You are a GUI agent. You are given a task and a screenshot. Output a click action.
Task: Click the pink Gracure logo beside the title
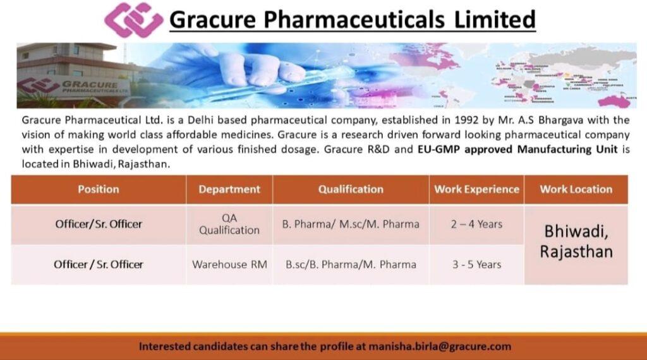[x=133, y=20]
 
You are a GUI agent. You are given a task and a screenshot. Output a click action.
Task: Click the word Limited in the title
[x=495, y=20]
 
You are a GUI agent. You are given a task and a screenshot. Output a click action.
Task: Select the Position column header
[x=98, y=189]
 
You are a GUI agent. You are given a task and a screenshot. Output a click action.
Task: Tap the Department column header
[x=229, y=189]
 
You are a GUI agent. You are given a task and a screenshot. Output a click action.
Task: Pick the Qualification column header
[x=351, y=189]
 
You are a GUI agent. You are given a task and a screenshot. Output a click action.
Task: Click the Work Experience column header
[x=476, y=189]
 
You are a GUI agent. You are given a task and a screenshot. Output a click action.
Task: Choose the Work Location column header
[x=576, y=189]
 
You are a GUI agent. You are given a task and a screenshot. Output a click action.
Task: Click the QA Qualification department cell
[x=229, y=224]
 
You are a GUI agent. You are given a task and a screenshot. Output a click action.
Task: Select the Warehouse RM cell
[x=229, y=265]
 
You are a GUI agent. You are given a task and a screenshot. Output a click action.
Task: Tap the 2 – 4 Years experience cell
[x=476, y=224]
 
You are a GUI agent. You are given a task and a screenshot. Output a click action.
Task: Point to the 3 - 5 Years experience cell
[x=476, y=265]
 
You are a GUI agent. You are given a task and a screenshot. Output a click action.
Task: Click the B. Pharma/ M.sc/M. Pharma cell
[x=351, y=224]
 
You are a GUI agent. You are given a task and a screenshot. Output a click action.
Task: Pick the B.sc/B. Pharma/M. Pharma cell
[x=351, y=265]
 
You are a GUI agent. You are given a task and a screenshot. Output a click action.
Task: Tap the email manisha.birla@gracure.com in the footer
[x=440, y=346]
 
